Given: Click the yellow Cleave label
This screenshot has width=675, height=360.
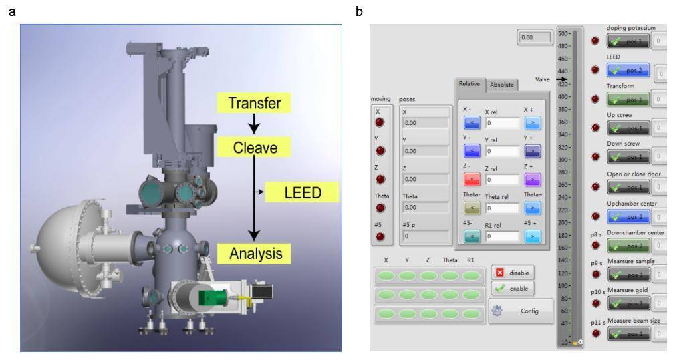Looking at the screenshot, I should (x=255, y=147).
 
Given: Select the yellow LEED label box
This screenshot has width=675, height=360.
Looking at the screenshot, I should (x=302, y=193).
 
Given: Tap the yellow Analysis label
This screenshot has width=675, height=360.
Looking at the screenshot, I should (x=255, y=253).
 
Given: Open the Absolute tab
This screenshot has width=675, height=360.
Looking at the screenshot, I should (x=502, y=85).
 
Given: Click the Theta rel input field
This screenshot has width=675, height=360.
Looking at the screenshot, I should (x=502, y=208).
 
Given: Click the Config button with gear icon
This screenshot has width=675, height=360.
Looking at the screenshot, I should (x=521, y=311).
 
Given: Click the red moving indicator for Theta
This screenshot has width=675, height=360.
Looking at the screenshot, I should (x=380, y=208).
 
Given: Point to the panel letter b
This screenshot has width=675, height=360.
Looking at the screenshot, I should (x=359, y=11).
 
